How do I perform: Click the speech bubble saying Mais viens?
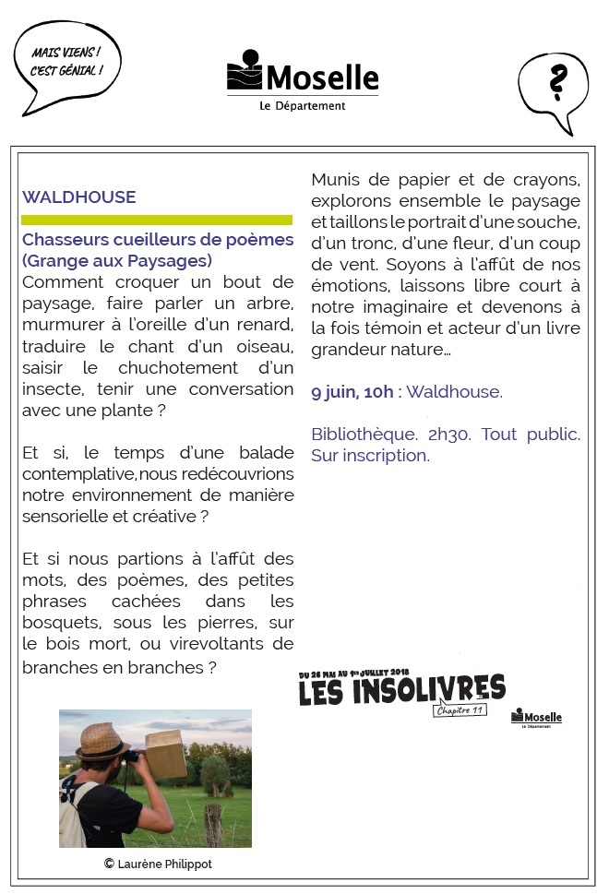65,63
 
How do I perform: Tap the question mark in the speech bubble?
555,84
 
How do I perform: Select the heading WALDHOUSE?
79,197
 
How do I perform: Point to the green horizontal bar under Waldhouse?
157,220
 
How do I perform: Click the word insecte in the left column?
52,387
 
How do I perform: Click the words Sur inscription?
370,456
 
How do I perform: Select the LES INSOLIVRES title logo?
401,689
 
